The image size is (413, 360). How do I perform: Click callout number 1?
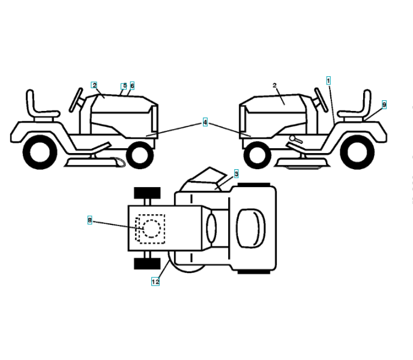tap(328, 80)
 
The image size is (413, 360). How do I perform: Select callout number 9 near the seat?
tap(384, 104)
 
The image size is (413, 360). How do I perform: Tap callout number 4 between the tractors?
tap(205, 122)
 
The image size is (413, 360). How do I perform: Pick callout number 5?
tap(124, 86)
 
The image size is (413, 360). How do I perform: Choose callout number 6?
tap(132, 86)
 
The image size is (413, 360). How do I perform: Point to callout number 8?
tap(90, 220)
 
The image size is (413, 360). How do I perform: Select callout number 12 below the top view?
tap(155, 281)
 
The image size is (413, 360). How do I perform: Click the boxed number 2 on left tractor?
tap(94, 85)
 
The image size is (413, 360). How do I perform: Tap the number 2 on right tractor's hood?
tap(274, 86)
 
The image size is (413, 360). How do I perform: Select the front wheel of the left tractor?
tap(139, 154)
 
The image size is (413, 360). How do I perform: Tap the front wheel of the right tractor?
tap(258, 154)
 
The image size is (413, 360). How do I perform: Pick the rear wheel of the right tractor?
tap(358, 150)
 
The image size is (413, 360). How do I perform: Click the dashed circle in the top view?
tap(149, 228)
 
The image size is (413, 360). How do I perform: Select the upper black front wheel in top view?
tap(147, 193)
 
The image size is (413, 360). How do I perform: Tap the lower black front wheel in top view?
tap(147, 264)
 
